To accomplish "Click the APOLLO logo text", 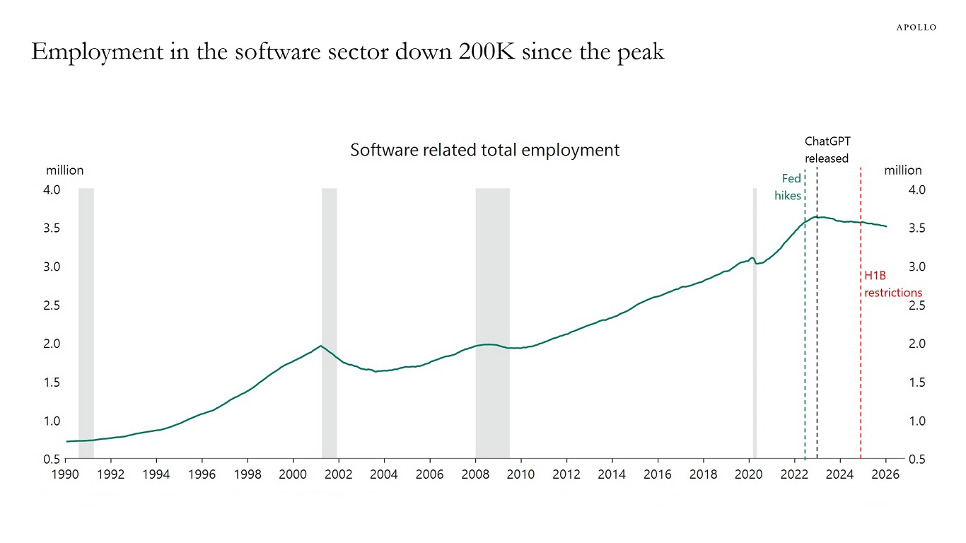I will pyautogui.click(x=916, y=27).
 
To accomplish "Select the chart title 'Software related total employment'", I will pyautogui.click(x=484, y=150).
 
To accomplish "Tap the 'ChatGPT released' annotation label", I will pyautogui.click(x=826, y=150).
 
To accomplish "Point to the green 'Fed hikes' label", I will pyautogui.click(x=788, y=187).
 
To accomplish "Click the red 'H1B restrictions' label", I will pyautogui.click(x=892, y=284).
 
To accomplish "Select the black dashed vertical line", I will pyautogui.click(x=817, y=354).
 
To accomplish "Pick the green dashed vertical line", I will pyautogui.click(x=805, y=354).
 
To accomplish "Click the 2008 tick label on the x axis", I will pyautogui.click(x=475, y=474).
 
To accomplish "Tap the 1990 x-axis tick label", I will pyautogui.click(x=66, y=474).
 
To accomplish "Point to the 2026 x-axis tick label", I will pyautogui.click(x=885, y=474).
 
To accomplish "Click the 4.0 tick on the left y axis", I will pyautogui.click(x=53, y=189).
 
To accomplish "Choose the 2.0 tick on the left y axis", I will pyautogui.click(x=53, y=344).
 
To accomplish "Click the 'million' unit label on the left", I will pyautogui.click(x=64, y=170).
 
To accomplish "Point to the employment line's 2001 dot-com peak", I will pyautogui.click(x=321, y=346).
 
